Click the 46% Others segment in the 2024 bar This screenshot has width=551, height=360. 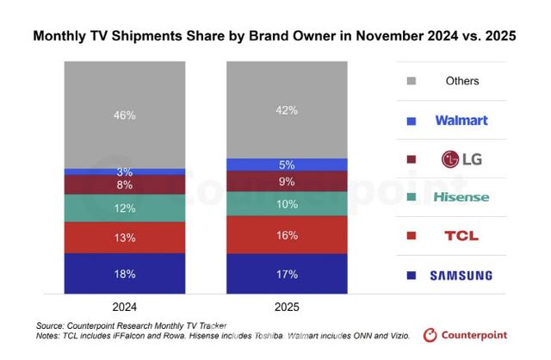[125, 114]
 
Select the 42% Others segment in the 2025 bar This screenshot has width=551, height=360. [287, 109]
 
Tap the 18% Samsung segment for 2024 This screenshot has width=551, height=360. [125, 274]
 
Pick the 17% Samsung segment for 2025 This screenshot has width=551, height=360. [287, 275]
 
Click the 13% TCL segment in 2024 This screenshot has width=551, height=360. [125, 237]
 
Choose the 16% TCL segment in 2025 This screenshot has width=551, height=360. [287, 234]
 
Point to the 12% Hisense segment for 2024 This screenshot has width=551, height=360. [125, 208]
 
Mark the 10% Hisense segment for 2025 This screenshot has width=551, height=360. [287, 203]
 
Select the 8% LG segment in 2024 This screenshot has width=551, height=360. [125, 184]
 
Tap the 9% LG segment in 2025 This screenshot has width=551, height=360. [287, 181]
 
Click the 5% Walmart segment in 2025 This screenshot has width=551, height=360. [287, 164]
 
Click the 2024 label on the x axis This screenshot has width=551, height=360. [125, 306]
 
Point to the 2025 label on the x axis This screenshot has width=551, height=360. [287, 306]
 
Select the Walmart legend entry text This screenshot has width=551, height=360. [461, 120]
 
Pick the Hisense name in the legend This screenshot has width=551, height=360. [461, 197]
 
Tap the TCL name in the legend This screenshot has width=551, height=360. [461, 236]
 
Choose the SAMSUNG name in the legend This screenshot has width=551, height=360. [461, 276]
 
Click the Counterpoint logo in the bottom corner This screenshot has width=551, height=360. [465, 335]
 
